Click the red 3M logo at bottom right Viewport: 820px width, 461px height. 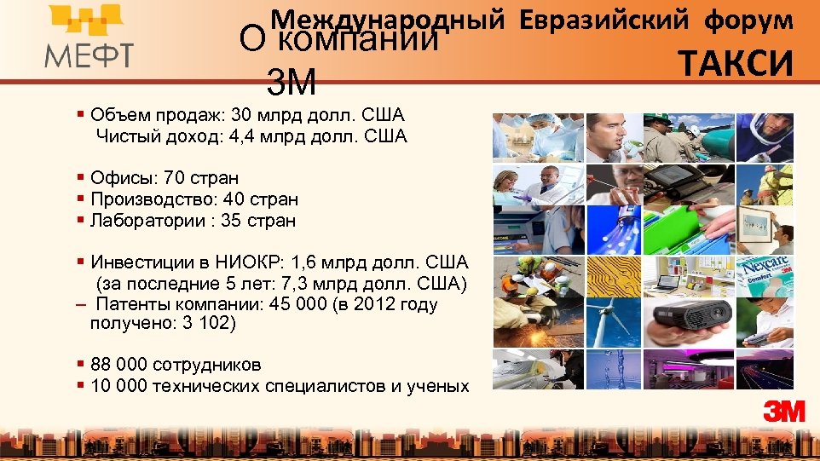784,412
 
